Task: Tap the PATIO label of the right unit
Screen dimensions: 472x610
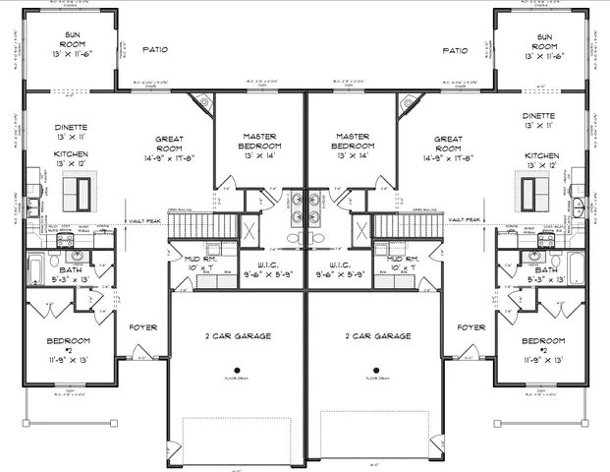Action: click(455, 50)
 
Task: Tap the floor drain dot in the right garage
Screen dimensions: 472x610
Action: click(375, 372)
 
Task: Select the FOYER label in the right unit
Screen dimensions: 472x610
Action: click(471, 327)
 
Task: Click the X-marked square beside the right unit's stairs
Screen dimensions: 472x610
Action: click(360, 232)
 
